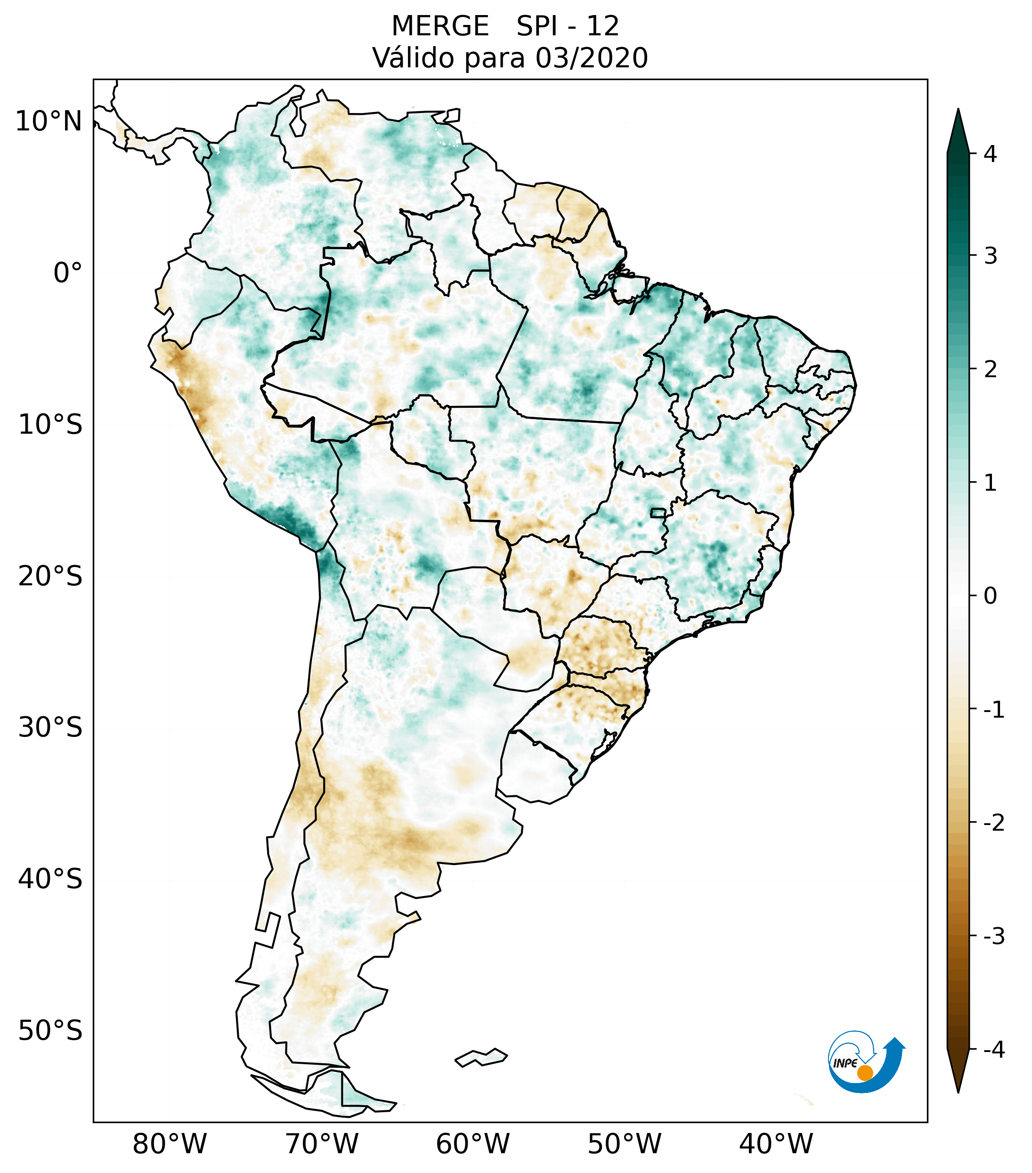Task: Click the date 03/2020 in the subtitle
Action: click(592, 58)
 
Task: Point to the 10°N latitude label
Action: click(49, 121)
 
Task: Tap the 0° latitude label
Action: click(68, 273)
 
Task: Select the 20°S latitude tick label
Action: click(50, 576)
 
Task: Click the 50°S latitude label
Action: click(50, 1031)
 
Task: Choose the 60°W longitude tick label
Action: click(472, 1144)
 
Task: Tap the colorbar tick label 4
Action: click(990, 154)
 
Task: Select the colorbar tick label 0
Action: click(990, 596)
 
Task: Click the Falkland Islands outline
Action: click(481, 1057)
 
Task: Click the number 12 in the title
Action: click(603, 26)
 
